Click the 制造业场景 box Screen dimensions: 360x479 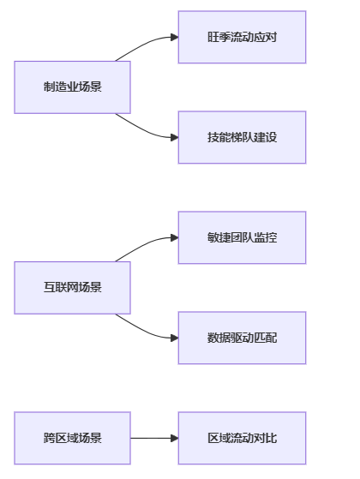[x=72, y=87]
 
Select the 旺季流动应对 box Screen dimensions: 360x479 [x=242, y=37]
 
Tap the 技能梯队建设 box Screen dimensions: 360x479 [x=242, y=137]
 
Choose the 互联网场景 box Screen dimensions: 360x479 [x=72, y=288]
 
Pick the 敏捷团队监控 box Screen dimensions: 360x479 [x=242, y=237]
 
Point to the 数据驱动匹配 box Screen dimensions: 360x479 [x=242, y=338]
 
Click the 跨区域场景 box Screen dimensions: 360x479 [x=72, y=438]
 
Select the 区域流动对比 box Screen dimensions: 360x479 [x=242, y=438]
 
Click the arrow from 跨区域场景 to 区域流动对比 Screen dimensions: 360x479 [x=154, y=438]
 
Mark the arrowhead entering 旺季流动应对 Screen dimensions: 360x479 [x=175, y=37]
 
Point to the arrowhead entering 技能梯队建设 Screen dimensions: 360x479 [x=175, y=137]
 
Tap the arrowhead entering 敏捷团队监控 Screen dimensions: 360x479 [x=175, y=237]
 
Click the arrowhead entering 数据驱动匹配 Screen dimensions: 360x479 [x=175, y=338]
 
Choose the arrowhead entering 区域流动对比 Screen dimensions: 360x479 [x=175, y=438]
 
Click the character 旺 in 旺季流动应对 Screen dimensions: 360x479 [x=213, y=37]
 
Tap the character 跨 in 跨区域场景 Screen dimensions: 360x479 [x=49, y=438]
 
